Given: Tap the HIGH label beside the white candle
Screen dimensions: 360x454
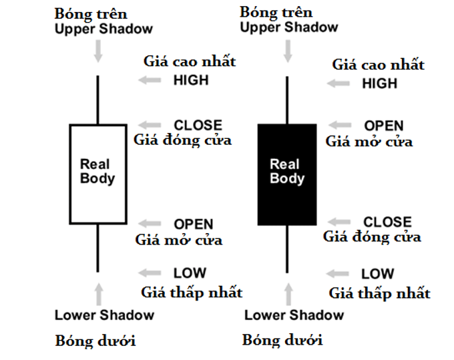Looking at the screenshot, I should tap(191, 80).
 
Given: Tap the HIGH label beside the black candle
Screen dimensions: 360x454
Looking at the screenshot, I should tap(379, 83).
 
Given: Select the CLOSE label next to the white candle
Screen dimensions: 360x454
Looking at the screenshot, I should tap(198, 125).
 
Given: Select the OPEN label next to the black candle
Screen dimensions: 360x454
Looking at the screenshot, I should tap(384, 126).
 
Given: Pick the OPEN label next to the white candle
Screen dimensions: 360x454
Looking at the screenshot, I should tap(194, 224).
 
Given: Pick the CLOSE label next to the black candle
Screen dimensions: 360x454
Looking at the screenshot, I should tap(387, 222).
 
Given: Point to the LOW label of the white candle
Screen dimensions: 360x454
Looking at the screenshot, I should tap(190, 273).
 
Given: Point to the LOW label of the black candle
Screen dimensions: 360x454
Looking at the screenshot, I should tap(378, 275).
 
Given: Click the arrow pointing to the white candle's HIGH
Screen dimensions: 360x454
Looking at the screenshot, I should tap(150, 81).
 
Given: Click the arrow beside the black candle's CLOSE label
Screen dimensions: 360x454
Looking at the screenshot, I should tap(339, 222).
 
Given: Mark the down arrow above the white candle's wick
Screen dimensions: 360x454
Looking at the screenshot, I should tap(99, 51).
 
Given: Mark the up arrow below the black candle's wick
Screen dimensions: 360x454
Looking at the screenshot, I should tap(288, 294).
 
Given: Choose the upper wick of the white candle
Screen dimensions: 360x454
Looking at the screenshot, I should tap(98, 100).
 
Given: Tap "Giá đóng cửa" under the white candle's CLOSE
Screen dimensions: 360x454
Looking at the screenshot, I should tap(182, 140).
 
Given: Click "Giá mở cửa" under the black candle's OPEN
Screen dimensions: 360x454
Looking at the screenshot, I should tap(369, 141).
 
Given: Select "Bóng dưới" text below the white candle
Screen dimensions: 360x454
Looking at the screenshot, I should tap(95, 341).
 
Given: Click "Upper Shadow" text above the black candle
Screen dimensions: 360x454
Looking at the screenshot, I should tap(289, 27).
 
